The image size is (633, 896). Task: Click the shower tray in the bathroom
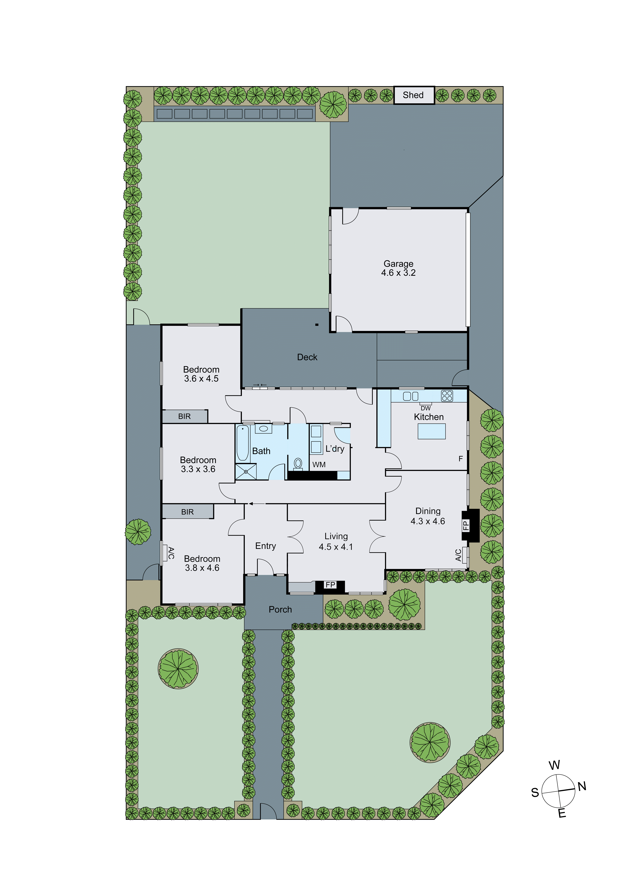246,471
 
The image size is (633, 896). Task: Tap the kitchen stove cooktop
447,396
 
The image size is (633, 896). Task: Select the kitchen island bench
431,431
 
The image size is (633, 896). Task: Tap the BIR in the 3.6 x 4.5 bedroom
184,416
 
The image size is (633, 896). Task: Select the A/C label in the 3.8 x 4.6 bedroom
170,553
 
